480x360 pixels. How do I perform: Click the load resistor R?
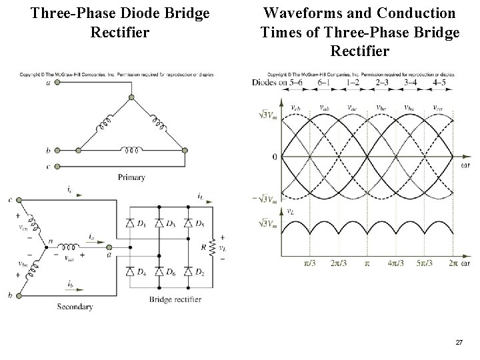tap(213, 246)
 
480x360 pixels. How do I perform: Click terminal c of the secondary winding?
tap(19, 199)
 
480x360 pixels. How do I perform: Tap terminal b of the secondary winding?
tap(19, 295)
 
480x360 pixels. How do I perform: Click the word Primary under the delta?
tap(131, 177)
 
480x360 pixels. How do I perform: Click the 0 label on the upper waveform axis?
tap(274, 157)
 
